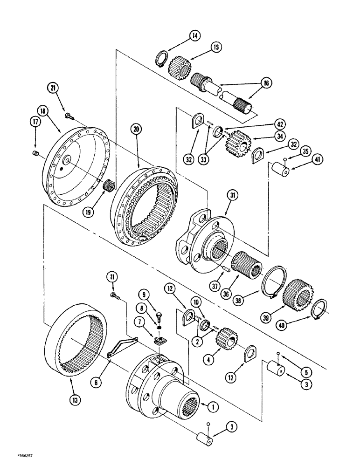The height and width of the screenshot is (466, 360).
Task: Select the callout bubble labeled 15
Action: click(216, 48)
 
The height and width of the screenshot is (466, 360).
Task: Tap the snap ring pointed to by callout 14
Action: click(160, 61)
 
